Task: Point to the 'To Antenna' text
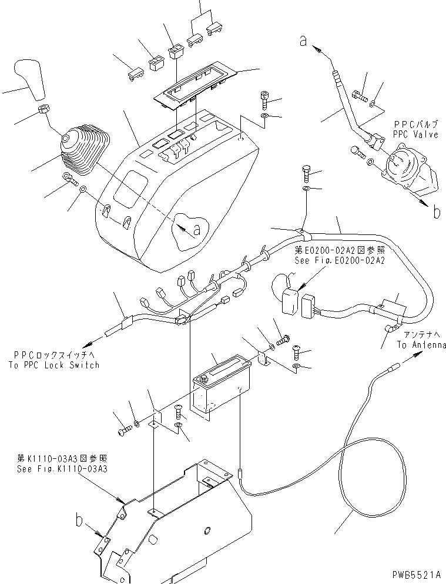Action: (421, 345)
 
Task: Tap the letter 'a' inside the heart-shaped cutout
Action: (196, 229)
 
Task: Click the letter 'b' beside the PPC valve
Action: (436, 212)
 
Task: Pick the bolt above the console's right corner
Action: (264, 101)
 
